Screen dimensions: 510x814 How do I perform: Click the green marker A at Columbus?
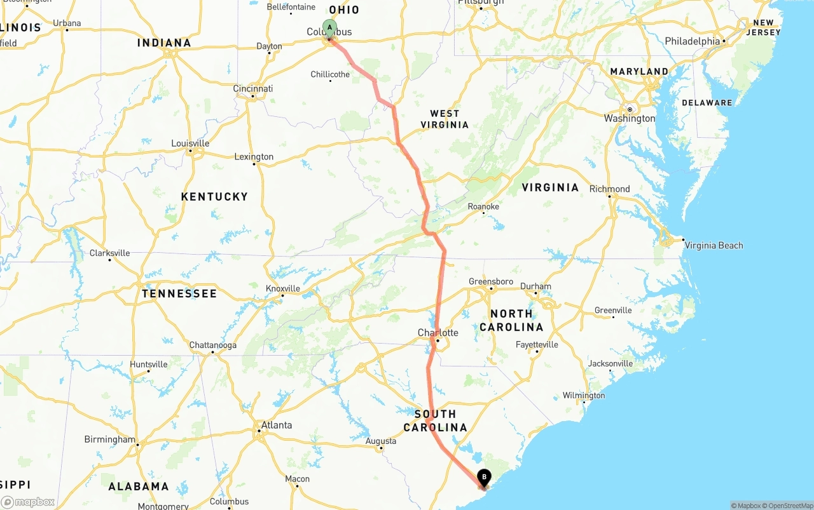329,28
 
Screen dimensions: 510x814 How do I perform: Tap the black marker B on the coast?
484,477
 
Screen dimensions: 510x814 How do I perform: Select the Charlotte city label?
438,333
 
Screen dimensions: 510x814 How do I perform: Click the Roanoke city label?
483,206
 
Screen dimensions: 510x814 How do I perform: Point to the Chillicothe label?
330,74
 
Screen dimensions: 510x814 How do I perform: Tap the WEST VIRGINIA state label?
445,119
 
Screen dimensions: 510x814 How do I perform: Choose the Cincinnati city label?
252,88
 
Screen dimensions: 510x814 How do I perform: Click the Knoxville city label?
282,288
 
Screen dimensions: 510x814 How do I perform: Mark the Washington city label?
629,118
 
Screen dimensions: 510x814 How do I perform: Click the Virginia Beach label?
714,245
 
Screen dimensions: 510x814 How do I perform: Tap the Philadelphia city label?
692,41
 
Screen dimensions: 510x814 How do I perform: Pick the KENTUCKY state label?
214,197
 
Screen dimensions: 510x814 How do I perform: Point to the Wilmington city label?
584,395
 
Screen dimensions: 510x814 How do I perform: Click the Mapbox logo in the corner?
28,502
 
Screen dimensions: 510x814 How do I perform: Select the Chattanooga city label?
212,345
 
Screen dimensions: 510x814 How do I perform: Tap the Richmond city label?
609,189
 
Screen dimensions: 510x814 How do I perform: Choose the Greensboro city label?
490,281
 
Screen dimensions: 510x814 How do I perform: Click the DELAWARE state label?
707,102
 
